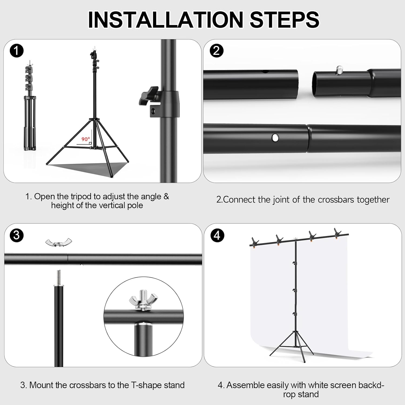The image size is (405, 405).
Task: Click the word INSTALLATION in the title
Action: (166, 19)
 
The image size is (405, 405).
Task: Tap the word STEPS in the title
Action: (285, 19)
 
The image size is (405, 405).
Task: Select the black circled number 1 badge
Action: (16, 51)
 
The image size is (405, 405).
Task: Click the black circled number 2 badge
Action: (217, 50)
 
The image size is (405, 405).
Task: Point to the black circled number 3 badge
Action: (16, 235)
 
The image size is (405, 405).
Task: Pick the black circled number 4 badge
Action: (217, 235)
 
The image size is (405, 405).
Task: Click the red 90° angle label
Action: (86, 139)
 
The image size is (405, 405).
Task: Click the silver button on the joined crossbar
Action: (275, 138)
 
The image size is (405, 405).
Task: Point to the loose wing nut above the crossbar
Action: (59, 242)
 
